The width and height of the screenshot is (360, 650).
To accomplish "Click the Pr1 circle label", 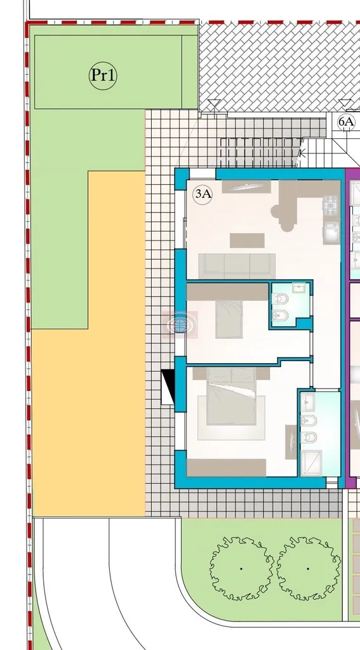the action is [103, 76].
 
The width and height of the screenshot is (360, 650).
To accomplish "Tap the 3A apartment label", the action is [203, 194].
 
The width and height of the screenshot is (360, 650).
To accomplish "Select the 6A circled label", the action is [346, 122].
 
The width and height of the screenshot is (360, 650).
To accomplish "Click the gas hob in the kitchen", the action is [331, 205].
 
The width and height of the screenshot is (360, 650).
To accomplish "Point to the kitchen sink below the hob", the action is [332, 231].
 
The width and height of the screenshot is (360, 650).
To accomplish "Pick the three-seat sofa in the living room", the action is [237, 266].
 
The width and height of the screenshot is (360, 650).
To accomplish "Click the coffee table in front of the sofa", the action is [247, 241].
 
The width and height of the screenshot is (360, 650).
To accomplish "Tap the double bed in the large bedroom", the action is [231, 397].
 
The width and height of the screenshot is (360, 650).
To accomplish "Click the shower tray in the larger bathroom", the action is [311, 463].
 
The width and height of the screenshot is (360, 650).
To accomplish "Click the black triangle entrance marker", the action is [168, 388].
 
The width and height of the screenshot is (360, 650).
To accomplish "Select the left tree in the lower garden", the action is [242, 569].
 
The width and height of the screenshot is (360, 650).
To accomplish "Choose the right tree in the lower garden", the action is [308, 569].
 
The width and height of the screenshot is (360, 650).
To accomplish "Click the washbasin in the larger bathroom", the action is [308, 401].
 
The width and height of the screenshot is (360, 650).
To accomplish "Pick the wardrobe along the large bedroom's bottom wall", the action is [227, 467].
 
